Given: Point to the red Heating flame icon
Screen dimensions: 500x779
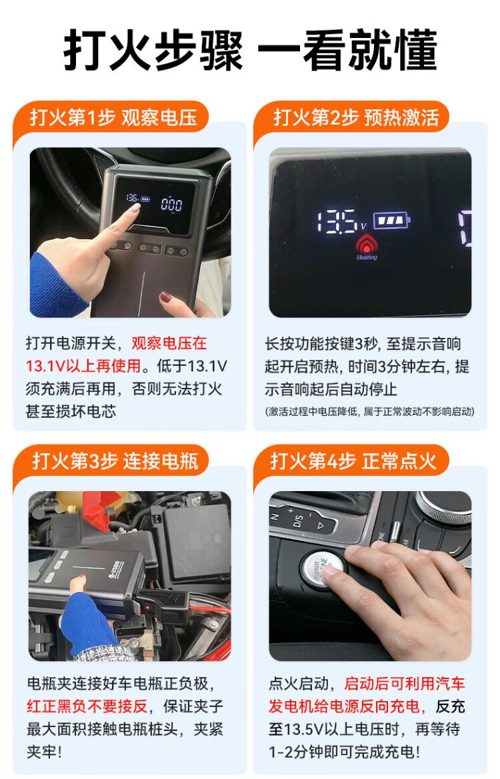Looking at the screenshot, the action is tap(366, 244).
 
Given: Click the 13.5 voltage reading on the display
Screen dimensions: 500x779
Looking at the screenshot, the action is tap(337, 221).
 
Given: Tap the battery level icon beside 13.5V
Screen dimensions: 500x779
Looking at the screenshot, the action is tap(391, 220).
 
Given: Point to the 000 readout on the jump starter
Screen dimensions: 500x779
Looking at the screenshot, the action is tap(171, 204).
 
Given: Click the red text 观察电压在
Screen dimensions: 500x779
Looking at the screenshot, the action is tap(169, 343).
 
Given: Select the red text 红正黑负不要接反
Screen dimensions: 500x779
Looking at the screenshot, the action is tap(87, 706).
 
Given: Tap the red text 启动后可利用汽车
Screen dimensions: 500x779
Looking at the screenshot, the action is tap(405, 684).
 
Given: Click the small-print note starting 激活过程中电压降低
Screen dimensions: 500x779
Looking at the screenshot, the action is tap(370, 411).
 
